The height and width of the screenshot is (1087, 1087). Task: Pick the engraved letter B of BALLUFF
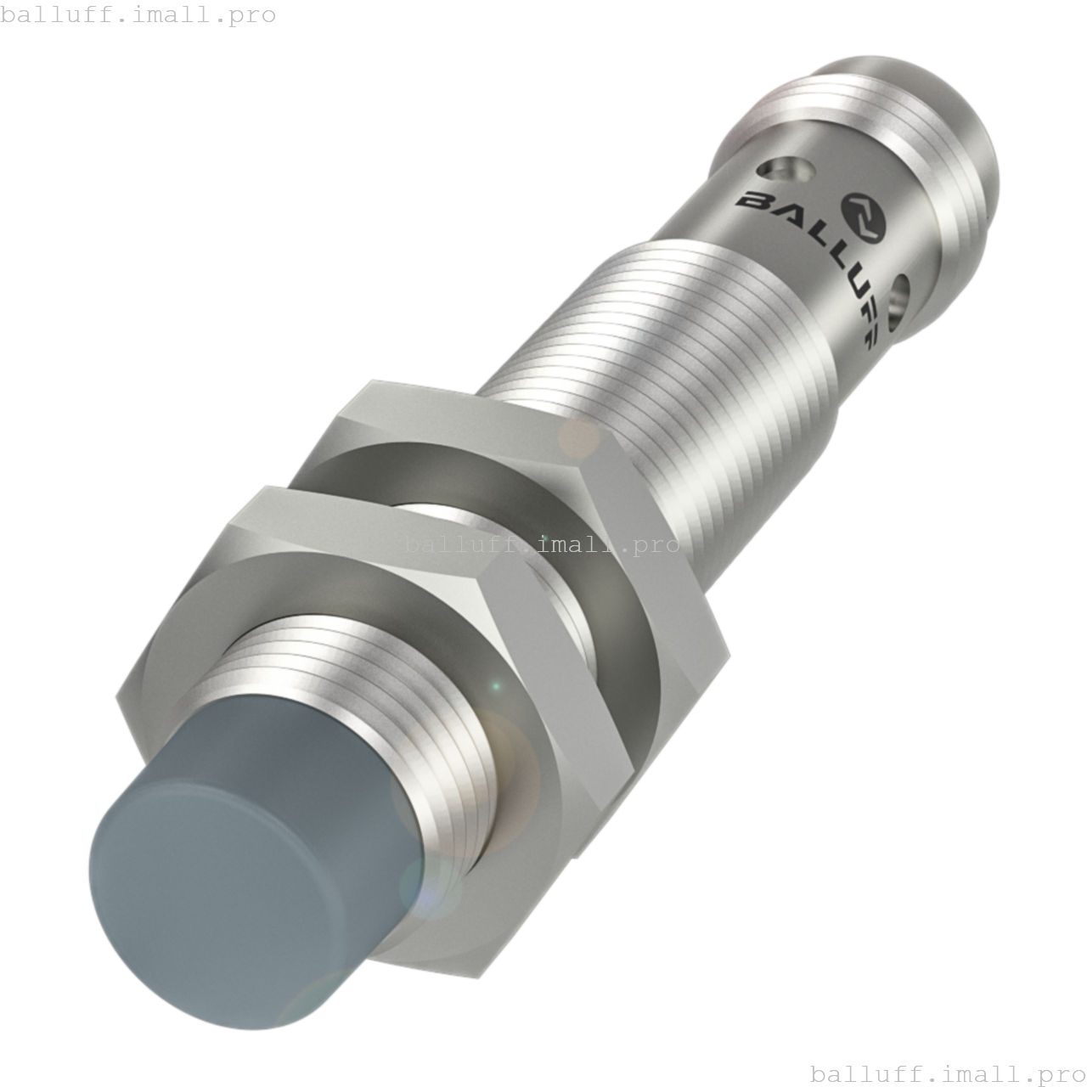click(752, 202)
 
